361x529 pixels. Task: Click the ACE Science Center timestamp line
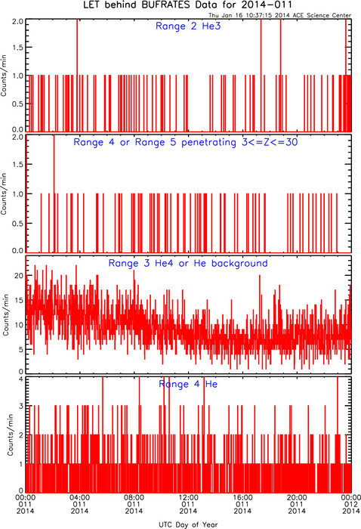pos(279,15)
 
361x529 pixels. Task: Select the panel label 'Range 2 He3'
pos(188,26)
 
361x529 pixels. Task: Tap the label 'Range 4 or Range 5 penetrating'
pos(155,142)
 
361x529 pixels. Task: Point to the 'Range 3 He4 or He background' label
pos(188,264)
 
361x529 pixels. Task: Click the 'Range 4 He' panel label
pos(188,384)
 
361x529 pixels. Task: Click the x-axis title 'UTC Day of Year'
pos(188,524)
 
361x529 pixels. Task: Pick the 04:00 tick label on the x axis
pos(79,497)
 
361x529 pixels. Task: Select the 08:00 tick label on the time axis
pos(134,497)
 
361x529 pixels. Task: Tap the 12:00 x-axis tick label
pos(188,497)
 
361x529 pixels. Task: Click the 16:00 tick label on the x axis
pos(242,497)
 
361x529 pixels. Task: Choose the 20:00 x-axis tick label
pos(297,497)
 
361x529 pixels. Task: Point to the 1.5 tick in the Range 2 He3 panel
pos(17,48)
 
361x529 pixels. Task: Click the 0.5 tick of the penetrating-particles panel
pos(17,224)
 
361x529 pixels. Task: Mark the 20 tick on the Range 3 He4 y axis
pos(19,276)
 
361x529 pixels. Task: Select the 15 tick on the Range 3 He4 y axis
pos(19,300)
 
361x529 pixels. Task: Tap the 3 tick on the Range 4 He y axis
pos(21,407)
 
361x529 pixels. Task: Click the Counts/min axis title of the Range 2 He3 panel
pos(4,76)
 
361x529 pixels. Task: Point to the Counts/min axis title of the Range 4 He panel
pos(11,435)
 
